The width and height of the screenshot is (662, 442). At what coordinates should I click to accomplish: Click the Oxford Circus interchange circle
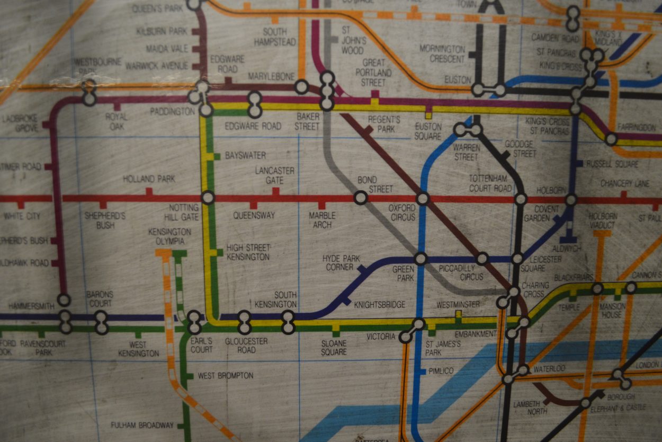pyautogui.click(x=423, y=199)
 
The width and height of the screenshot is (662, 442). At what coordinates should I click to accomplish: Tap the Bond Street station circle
pyautogui.click(x=361, y=198)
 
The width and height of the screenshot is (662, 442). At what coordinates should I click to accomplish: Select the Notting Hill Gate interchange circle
pyautogui.click(x=208, y=198)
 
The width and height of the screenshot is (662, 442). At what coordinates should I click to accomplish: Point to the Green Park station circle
pyautogui.click(x=420, y=259)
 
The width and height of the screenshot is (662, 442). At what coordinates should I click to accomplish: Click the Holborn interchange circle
pyautogui.click(x=570, y=200)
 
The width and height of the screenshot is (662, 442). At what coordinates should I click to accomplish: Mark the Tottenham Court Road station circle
pyautogui.click(x=521, y=199)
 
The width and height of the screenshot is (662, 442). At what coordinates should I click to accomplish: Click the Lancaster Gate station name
pyautogui.click(x=274, y=175)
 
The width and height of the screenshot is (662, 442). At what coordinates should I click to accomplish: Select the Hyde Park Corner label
pyautogui.click(x=341, y=262)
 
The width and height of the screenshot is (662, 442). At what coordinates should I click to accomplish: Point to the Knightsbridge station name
pyautogui.click(x=379, y=305)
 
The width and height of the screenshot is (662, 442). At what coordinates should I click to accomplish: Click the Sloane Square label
pyautogui.click(x=334, y=348)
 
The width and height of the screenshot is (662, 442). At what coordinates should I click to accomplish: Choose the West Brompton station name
pyautogui.click(x=225, y=376)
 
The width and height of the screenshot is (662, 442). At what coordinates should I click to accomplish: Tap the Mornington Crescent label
pyautogui.click(x=442, y=53)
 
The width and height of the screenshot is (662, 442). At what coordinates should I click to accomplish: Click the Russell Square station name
pyautogui.click(x=612, y=164)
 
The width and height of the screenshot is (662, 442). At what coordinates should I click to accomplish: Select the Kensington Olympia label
pyautogui.click(x=169, y=236)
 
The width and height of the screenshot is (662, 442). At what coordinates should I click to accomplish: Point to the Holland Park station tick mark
pyautogui.click(x=149, y=192)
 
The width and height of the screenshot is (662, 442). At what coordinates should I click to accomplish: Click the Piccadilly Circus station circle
pyautogui.click(x=482, y=259)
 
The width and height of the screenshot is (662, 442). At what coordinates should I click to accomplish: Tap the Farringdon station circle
pyautogui.click(x=611, y=139)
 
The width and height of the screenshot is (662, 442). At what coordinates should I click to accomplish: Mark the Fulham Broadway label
pyautogui.click(x=142, y=425)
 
